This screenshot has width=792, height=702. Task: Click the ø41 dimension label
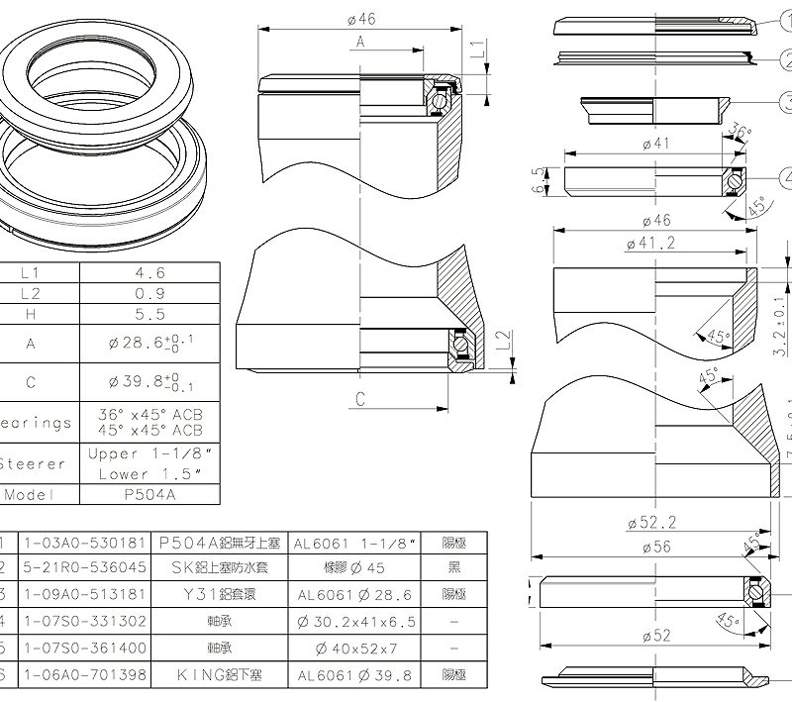pyautogui.click(x=656, y=144)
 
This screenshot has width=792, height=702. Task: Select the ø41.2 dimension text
pyautogui.click(x=650, y=243)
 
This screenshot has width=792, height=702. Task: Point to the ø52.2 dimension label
pyautogui.click(x=650, y=523)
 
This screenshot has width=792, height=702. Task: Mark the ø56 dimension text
pyautogui.click(x=654, y=547)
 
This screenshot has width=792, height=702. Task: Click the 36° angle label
pyautogui.click(x=739, y=133)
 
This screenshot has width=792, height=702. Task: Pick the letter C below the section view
pyautogui.click(x=361, y=399)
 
